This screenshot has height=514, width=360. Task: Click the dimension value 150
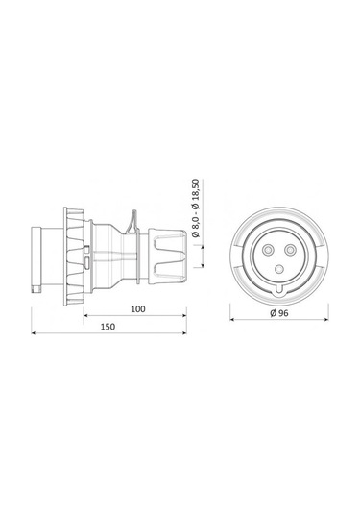pyautogui.click(x=108, y=327)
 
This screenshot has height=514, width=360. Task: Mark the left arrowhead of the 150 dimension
pyautogui.click(x=36, y=333)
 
